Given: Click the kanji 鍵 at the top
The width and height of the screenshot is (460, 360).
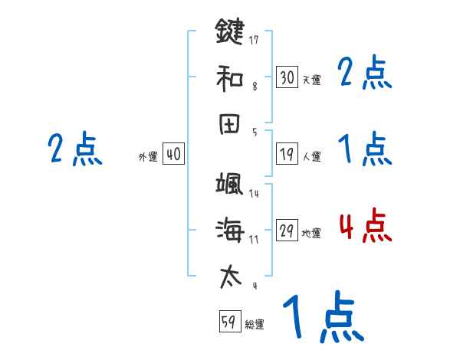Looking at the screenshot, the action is [229, 32].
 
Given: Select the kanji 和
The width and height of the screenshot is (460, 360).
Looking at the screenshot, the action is [229, 77].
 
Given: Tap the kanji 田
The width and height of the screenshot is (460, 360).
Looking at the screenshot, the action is [229, 123].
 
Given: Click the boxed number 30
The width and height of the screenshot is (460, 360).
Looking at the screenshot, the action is [287, 77].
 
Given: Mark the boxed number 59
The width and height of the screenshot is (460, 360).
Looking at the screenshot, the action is [228, 322].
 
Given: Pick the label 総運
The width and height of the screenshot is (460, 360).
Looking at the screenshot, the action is [254, 325].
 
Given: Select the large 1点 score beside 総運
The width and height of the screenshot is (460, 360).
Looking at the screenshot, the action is [322, 318].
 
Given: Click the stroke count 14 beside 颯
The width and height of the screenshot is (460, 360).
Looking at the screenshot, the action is [253, 194].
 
